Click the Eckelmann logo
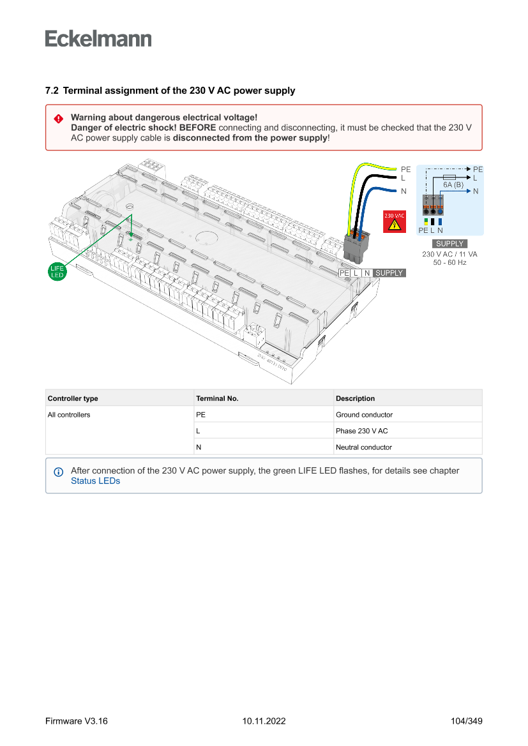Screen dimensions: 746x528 pos(98,38)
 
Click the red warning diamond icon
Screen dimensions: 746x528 pos(58,118)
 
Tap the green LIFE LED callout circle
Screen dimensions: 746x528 pos(57,271)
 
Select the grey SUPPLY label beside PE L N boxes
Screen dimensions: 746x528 pos(389,273)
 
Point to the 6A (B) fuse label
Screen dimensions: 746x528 pos(453,184)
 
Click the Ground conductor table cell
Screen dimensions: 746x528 pos(365,415)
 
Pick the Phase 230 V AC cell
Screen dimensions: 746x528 pos(362,431)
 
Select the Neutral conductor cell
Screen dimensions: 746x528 pos(364,447)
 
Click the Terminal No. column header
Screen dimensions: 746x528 pos(217,398)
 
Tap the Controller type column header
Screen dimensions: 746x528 pos(73,398)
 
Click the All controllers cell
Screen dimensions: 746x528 pos(69,415)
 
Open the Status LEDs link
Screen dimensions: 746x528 pos(95,481)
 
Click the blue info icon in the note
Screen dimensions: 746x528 pos(58,472)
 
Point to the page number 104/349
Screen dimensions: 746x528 pos(466,721)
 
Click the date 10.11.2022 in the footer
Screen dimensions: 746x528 pos(264,721)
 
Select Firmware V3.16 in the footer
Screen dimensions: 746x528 pos(77,721)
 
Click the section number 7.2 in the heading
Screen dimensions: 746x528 pos(52,91)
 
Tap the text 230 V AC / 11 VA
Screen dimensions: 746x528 pos(449,254)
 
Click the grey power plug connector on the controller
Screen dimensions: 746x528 pos(356,248)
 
